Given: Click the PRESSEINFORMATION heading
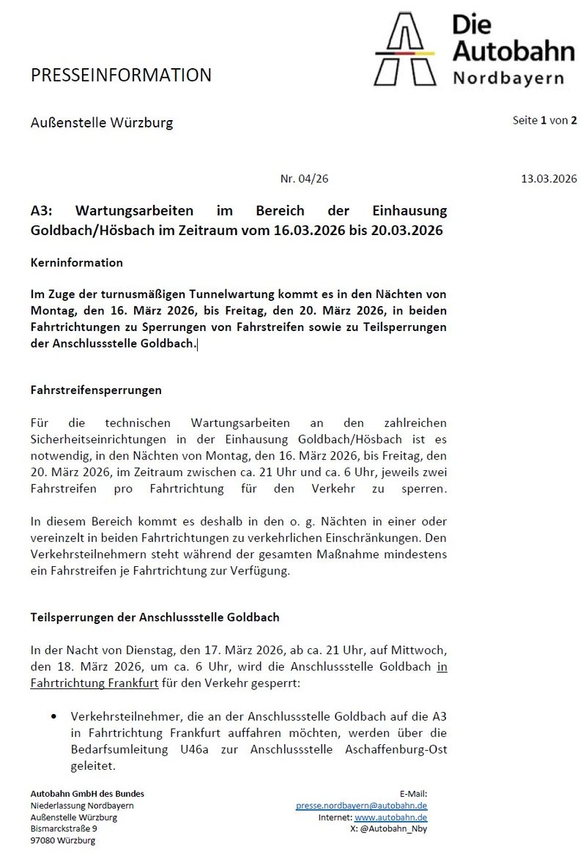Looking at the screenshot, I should pos(121,75).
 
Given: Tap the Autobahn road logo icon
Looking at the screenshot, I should pos(404,49).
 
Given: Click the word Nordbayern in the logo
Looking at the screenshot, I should pos(508,78).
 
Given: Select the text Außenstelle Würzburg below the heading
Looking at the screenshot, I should pos(102,122).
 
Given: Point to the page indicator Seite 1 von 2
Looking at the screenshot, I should pos(544,120).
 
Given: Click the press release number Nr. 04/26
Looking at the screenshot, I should pos(299,178).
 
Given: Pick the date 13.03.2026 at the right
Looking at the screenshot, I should pos(549,178).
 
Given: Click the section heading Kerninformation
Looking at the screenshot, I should pos(77,262).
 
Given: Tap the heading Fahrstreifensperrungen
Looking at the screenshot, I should pos(96,390).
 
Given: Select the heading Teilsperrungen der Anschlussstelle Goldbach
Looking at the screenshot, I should pos(155,617).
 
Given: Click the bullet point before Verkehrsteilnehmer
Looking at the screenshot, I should pos(54,715).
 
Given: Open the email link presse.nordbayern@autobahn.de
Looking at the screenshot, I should pos(361,805).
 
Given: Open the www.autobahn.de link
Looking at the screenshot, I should pos(391,817).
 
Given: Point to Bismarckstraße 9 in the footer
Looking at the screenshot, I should pos(63,828).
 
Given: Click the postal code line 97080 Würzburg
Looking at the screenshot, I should pos(63,840).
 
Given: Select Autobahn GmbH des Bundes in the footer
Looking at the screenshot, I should pos(87,793).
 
